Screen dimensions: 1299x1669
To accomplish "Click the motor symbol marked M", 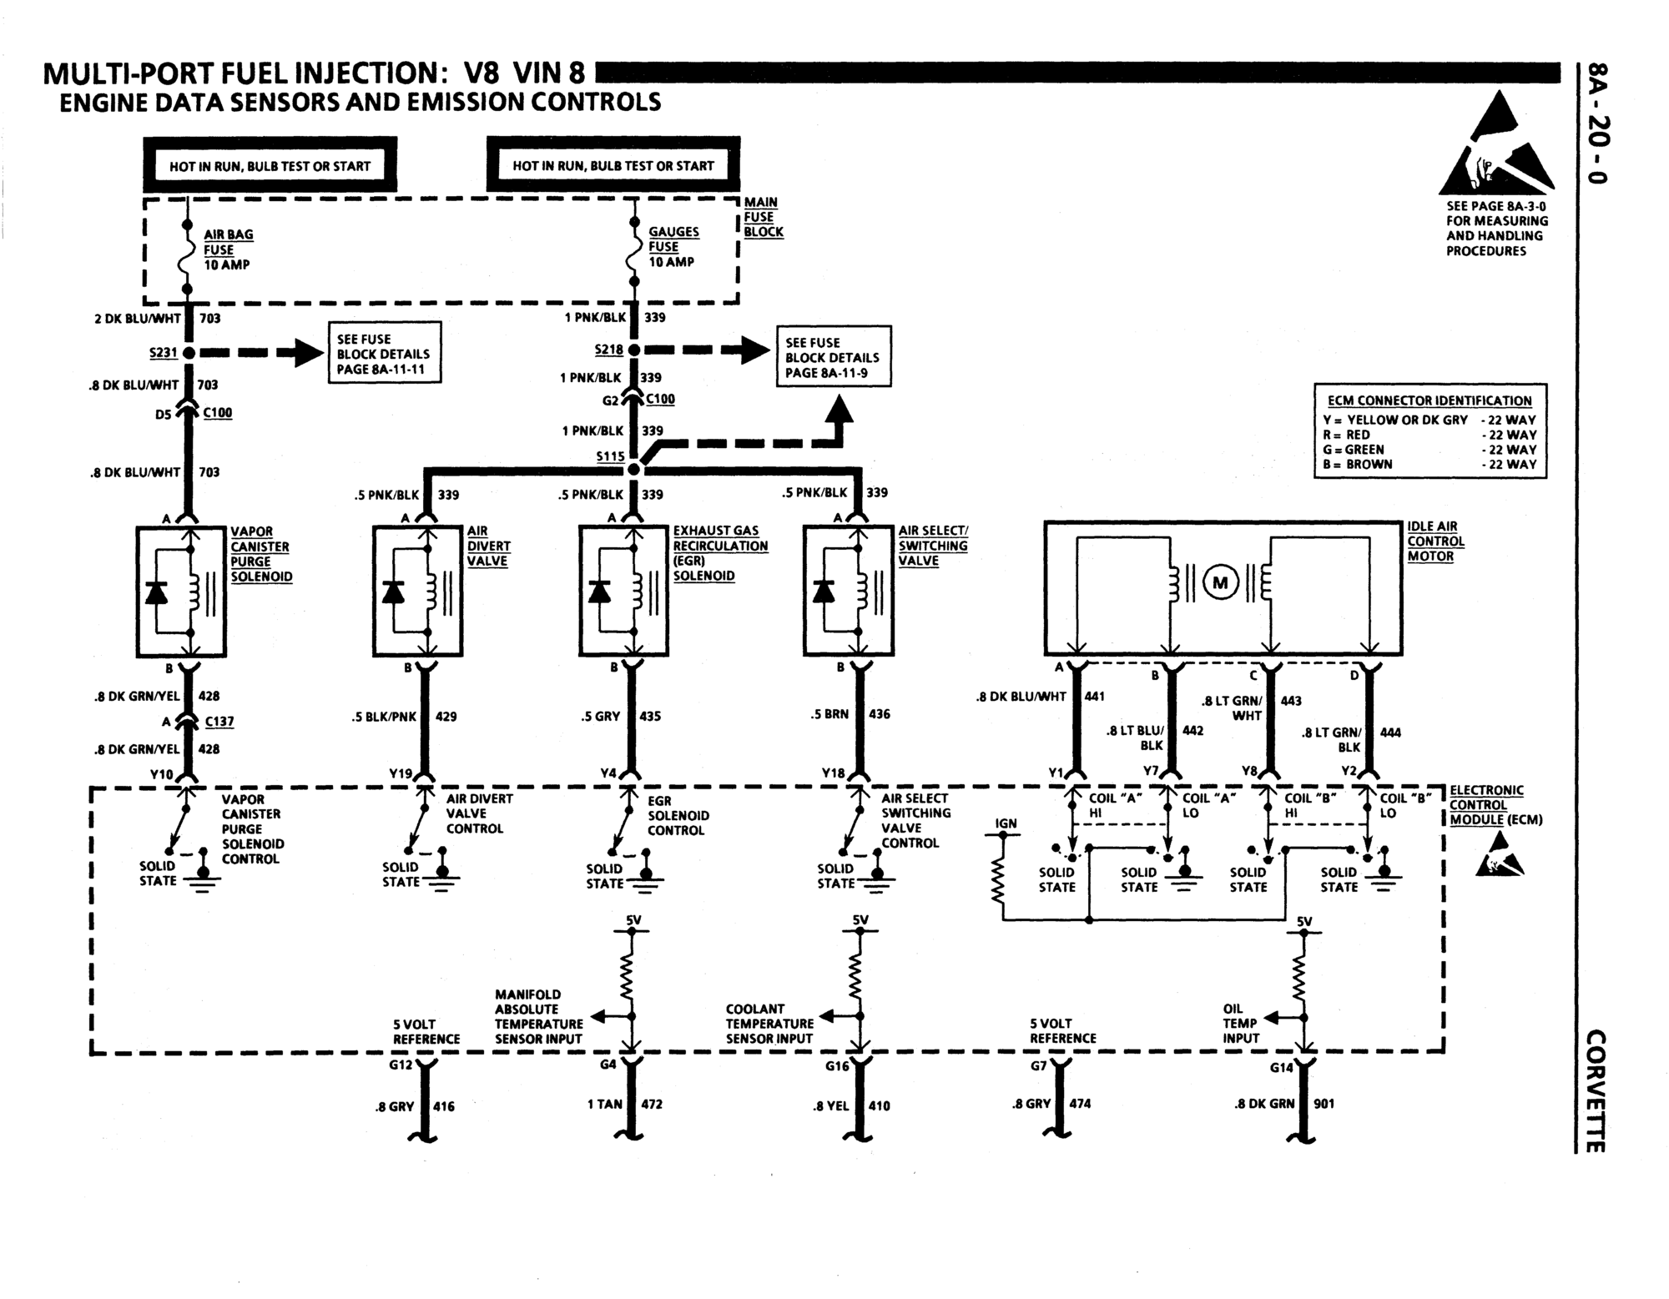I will click(x=1221, y=582).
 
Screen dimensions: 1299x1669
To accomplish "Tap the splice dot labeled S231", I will click(x=189, y=353).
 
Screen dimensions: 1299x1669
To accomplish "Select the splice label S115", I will click(x=610, y=456).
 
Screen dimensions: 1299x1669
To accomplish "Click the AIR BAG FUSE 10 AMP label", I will click(x=228, y=249).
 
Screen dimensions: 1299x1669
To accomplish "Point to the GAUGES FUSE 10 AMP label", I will click(x=673, y=247).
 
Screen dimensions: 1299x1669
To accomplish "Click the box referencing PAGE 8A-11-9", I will click(x=833, y=357).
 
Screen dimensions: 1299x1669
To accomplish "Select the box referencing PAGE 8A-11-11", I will click(x=384, y=354).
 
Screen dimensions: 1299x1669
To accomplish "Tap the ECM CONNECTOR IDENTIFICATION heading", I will click(x=1429, y=400).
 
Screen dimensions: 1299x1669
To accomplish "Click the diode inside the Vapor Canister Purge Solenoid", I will click(x=156, y=592).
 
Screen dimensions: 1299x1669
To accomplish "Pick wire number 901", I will click(x=1324, y=1103).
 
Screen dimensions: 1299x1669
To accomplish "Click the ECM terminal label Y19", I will click(x=401, y=773).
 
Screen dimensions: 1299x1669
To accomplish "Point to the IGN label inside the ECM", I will click(x=1006, y=823).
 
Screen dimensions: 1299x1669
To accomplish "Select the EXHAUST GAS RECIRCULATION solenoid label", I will click(x=719, y=553).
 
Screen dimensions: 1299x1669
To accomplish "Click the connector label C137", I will click(x=219, y=722).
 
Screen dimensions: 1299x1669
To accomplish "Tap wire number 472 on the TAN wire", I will click(x=651, y=1104).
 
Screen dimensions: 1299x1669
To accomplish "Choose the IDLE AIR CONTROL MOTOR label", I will click(x=1435, y=541).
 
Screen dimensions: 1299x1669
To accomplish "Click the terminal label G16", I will click(x=837, y=1066).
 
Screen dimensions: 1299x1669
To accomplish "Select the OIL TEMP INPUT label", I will click(x=1241, y=1024).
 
